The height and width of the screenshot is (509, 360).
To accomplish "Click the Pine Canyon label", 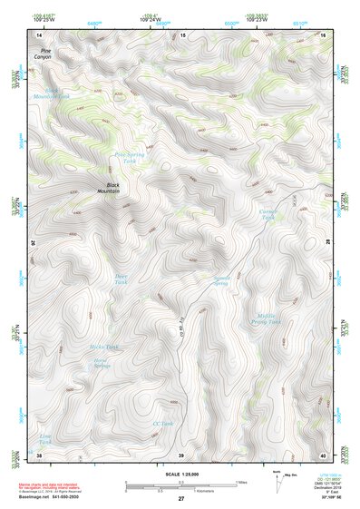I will pos(41,54).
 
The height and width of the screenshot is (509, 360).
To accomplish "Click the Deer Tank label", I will pos(122,279).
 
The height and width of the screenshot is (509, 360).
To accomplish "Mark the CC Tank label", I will pos(162,424).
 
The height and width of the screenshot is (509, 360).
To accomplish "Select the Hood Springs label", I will pos(102,364).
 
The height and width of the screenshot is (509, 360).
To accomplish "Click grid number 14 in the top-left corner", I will pos(39,34).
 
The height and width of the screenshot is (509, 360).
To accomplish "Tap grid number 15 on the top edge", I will pos(182,34).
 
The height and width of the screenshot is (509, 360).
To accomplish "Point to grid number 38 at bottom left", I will pos(39,455).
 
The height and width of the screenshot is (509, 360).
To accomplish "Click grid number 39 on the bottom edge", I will pos(181,455).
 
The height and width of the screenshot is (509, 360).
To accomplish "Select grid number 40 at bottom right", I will pos(323,455).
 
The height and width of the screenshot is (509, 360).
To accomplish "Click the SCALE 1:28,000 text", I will pos(180,474).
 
